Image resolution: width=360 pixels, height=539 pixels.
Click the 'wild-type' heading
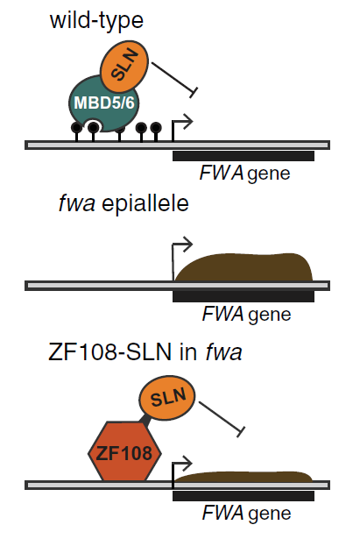(96, 21)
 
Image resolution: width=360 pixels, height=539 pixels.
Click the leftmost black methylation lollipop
(76, 131)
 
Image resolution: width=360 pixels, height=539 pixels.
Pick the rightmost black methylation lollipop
(156, 131)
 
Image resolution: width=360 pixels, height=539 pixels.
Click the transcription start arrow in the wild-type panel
(181, 127)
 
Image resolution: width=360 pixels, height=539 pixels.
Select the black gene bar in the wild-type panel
(244, 156)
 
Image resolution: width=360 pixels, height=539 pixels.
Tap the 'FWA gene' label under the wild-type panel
(245, 173)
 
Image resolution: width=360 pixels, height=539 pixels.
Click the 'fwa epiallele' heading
(124, 203)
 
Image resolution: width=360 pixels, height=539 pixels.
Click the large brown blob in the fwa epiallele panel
(244, 267)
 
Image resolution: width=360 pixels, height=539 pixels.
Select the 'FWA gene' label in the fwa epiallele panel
(247, 314)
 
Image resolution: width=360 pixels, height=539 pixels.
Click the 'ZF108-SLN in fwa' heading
(145, 352)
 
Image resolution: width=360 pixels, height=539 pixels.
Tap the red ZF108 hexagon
(124, 451)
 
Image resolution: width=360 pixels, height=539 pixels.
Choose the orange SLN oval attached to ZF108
(167, 397)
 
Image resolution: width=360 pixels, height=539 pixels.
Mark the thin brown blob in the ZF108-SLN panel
(244, 477)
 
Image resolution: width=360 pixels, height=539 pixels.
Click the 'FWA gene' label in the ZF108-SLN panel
(247, 513)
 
